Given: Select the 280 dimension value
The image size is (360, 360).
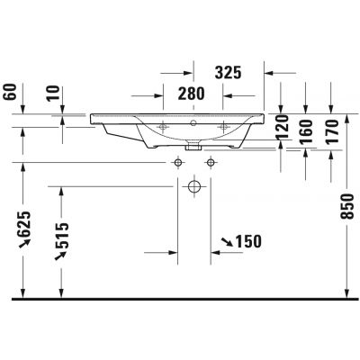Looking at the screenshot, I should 191,93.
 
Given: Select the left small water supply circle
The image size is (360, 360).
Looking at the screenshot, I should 177,162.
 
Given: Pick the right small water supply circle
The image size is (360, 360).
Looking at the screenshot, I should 211,162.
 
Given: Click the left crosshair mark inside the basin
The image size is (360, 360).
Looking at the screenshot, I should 163,127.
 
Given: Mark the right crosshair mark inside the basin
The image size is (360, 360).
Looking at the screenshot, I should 226,127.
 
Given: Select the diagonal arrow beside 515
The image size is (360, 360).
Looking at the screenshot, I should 63,256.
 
